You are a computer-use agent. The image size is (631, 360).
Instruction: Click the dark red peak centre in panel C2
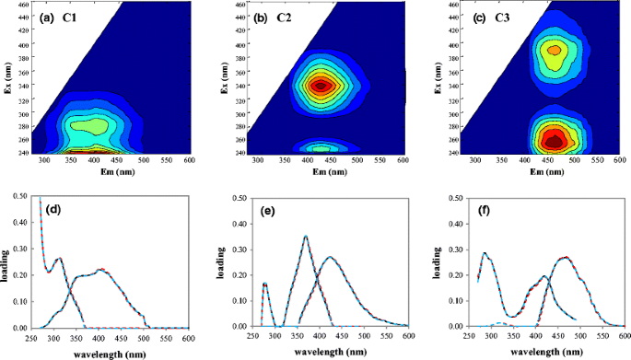(320, 86)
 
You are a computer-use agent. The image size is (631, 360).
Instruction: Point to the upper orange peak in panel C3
(553, 50)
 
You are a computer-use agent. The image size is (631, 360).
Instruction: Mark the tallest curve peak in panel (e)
(306, 237)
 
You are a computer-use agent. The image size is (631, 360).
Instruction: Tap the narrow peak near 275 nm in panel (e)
(264, 283)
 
